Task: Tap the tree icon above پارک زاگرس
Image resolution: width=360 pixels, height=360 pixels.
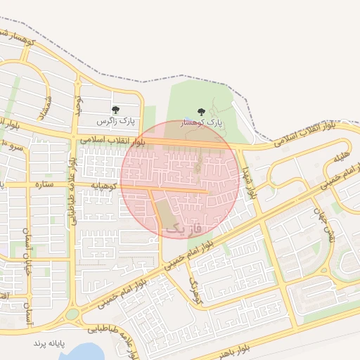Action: [116, 110]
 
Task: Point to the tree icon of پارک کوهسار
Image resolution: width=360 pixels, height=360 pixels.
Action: [202, 111]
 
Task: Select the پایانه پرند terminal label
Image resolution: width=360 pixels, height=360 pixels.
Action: [49, 342]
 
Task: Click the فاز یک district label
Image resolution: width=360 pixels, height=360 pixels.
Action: [182, 229]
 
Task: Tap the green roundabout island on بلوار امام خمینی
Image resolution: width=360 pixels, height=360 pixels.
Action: [72, 314]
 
